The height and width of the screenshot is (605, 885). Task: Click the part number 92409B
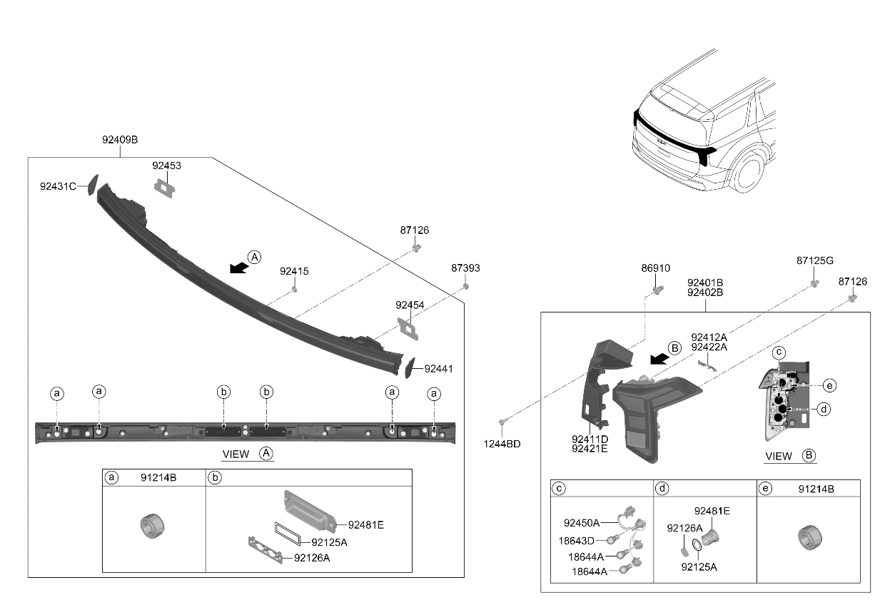(120, 140)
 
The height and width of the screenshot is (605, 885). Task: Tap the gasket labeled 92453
(165, 188)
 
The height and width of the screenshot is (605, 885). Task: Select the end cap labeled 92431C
(93, 185)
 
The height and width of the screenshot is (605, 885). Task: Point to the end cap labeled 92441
(410, 367)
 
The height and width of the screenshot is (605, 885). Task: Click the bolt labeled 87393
(466, 286)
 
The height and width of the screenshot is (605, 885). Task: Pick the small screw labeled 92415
(294, 290)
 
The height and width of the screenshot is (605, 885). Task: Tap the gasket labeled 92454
(408, 329)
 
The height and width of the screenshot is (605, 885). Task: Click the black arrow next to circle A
(239, 268)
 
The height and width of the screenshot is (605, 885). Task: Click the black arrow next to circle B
(659, 359)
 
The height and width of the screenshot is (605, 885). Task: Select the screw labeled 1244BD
(502, 422)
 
